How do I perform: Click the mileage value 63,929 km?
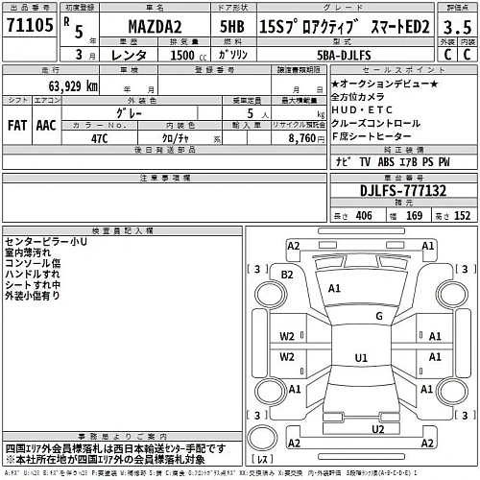pos(64,86)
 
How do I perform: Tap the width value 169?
pos(414,216)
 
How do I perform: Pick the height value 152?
pos(462,216)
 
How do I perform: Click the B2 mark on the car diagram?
pos(287,275)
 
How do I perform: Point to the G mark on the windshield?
pos(380,315)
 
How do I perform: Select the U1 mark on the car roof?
pos(362,357)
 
